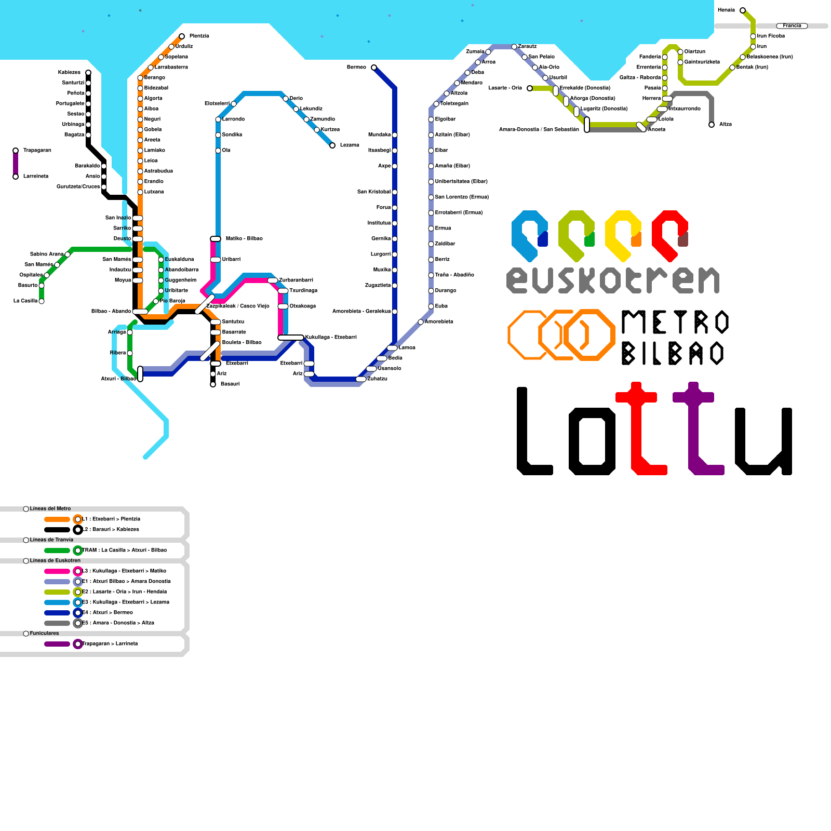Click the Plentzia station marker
click(x=182, y=36)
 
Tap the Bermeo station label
click(x=356, y=68)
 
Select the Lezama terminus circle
click(x=332, y=145)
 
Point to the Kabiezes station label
click(x=70, y=73)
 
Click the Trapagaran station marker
click(x=16, y=151)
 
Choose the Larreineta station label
click(x=36, y=177)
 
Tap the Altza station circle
click(x=712, y=125)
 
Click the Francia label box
click(x=792, y=25)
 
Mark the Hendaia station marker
click(x=743, y=10)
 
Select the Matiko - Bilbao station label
click(x=244, y=239)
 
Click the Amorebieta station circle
click(x=421, y=322)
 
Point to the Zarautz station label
click(x=527, y=47)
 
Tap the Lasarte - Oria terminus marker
click(x=530, y=88)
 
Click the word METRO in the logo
click(x=675, y=322)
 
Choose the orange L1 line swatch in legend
click(x=57, y=519)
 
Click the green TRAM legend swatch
click(x=57, y=551)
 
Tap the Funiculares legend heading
click(x=44, y=634)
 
